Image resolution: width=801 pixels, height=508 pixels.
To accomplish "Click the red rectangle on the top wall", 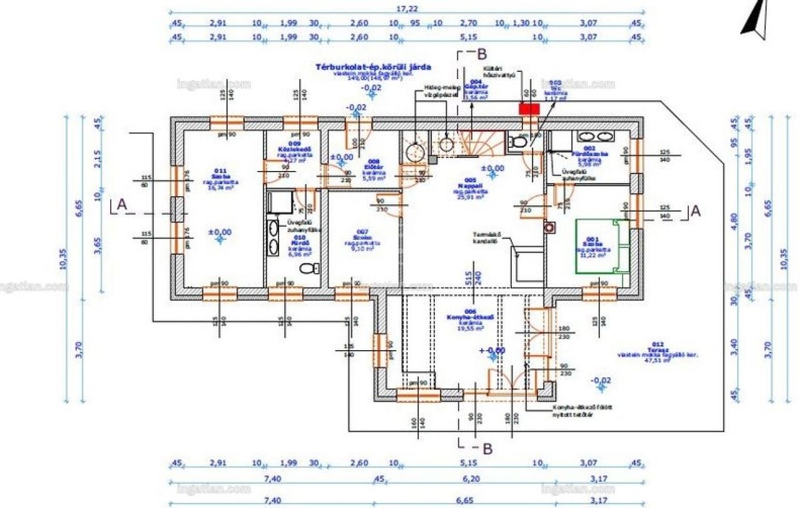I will (x=529, y=108).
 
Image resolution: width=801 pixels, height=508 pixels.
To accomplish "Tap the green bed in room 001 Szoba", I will (x=601, y=246).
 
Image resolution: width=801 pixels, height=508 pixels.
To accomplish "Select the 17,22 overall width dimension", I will (x=407, y=9).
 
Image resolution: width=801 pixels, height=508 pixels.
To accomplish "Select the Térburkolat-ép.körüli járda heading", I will (x=374, y=66).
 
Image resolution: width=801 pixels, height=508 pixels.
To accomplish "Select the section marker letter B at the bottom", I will (x=486, y=448).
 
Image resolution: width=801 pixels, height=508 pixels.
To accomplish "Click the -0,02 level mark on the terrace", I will (x=601, y=380).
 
